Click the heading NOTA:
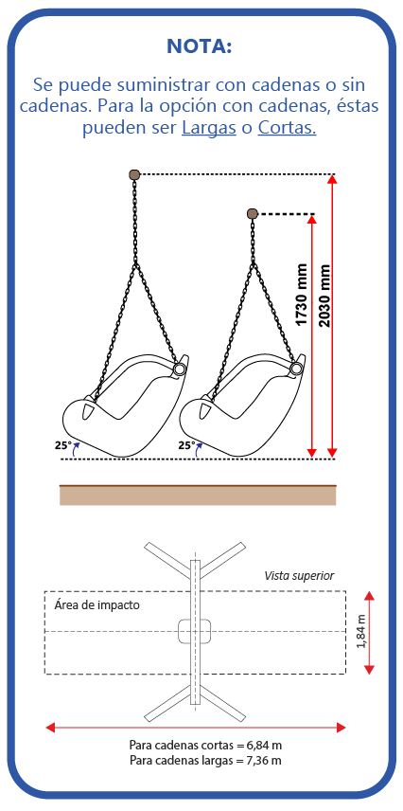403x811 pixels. [200, 46]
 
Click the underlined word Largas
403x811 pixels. [209, 128]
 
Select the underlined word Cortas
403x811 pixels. [287, 128]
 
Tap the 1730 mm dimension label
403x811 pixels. [301, 295]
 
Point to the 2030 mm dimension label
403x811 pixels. [324, 296]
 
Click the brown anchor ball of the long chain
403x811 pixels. [134, 175]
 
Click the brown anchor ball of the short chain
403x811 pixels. [253, 213]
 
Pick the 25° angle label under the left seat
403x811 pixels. [62, 444]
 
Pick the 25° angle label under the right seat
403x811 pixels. [186, 444]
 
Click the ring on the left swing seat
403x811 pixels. [180, 369]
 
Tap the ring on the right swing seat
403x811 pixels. [296, 369]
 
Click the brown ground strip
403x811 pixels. [198, 495]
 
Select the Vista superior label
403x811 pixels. [299, 576]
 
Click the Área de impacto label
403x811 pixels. [97, 605]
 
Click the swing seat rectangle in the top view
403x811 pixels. [195, 631]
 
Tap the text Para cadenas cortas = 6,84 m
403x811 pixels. [205, 746]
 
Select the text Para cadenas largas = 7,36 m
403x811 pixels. [205, 760]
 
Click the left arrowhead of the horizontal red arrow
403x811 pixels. [50, 728]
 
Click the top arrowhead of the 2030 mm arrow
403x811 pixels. [332, 179]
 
